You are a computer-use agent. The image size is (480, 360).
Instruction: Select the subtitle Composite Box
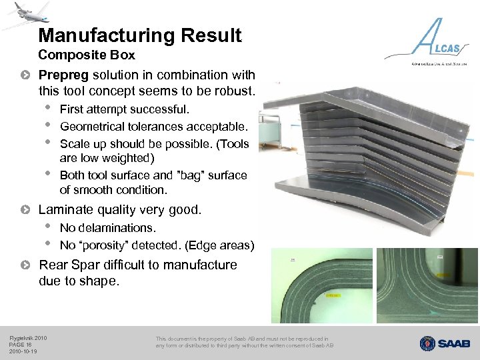pos(87,55)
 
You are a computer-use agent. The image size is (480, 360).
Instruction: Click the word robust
pos(235,89)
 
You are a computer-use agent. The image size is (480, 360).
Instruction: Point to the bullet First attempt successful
pos(125,109)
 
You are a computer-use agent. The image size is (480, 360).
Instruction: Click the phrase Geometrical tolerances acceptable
pos(153,127)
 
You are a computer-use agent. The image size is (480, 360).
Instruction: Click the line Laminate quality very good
pos(120,210)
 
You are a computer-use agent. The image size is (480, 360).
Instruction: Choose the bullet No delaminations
pos(107,228)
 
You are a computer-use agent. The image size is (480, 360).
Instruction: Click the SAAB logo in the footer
pos(445,343)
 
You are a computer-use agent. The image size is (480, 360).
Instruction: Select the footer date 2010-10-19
pos(23,351)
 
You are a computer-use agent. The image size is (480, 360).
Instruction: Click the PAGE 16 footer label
pos(21,345)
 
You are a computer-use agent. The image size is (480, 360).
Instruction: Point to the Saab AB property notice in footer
pos(244,342)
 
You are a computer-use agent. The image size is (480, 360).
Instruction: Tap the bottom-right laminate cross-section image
pos(427,285)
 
